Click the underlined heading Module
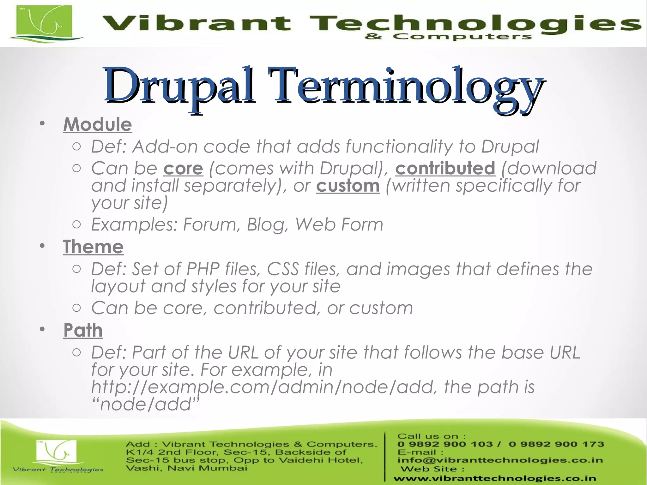pos(98,124)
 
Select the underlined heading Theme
pos(93,247)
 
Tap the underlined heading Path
pos(83,330)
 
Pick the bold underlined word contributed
pos(445,168)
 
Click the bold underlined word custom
pos(348,186)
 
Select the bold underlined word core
pos(183,168)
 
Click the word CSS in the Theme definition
pos(283,269)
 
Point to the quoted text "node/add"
pos(146,404)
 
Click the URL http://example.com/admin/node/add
pos(263,387)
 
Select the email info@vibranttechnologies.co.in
pos(500,460)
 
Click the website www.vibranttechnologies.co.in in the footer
pos(495,479)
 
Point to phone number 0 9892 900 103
pos(445,444)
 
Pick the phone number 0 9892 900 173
pos(556,444)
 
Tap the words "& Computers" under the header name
pos(448,37)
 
